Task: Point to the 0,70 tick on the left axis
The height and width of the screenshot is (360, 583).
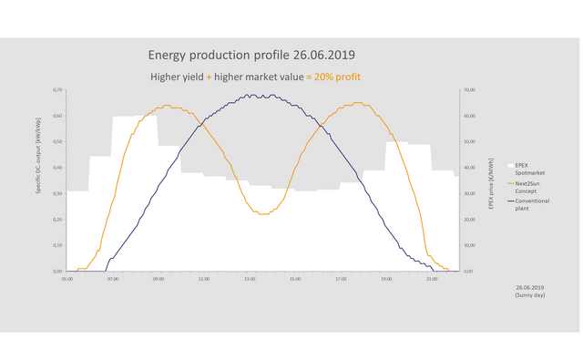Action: point(58,90)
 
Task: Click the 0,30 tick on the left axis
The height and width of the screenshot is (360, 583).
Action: point(58,194)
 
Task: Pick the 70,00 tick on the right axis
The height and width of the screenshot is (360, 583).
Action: point(469,90)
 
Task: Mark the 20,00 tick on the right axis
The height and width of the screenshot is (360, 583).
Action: point(469,220)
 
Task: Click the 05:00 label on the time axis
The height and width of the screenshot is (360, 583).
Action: point(67,279)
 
